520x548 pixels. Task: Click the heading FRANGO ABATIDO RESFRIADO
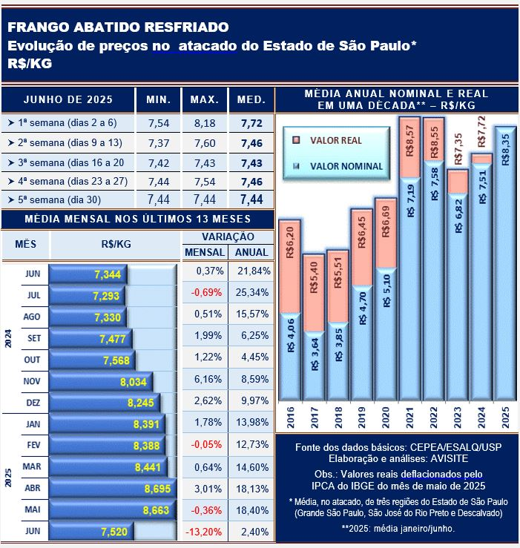tap(118, 27)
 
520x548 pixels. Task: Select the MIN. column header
tap(159, 99)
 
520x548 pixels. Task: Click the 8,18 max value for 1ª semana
tap(204, 122)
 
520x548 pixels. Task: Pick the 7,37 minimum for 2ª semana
tap(159, 142)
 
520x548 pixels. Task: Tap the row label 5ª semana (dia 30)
tap(65, 199)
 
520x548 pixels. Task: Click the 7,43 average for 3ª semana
tap(251, 162)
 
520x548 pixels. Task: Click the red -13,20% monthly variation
tap(205, 532)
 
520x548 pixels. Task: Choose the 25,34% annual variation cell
tap(252, 292)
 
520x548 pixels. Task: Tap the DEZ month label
tap(33, 402)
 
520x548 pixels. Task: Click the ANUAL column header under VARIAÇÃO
tap(251, 252)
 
